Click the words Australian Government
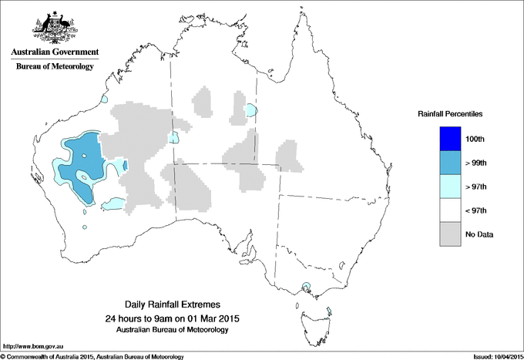click(x=54, y=52)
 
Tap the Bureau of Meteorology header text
click(x=54, y=67)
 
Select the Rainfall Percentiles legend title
click(x=450, y=113)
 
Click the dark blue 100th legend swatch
click(x=450, y=139)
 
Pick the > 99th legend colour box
click(x=450, y=163)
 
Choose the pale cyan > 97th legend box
click(x=450, y=187)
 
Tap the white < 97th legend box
click(x=450, y=210)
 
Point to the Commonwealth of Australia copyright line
click(x=92, y=356)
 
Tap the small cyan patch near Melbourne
click(x=308, y=288)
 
